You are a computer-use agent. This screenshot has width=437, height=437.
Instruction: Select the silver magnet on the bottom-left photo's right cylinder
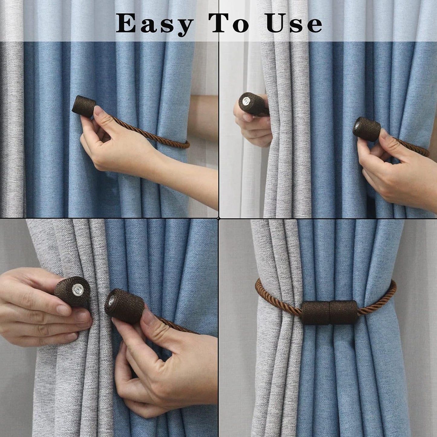click(112, 301)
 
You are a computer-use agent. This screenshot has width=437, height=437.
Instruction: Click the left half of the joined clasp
click(315, 313)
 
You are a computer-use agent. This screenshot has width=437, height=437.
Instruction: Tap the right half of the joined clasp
click(344, 312)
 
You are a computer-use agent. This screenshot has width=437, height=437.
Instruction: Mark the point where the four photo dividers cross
click(219, 218)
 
